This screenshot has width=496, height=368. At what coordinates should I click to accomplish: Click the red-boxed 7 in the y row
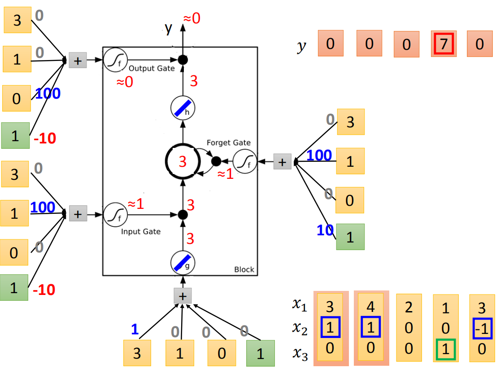point(444,43)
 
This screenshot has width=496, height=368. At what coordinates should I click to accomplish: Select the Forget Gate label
point(228,143)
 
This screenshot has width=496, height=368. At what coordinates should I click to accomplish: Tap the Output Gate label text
point(152,68)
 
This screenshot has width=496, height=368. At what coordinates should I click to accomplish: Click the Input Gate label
point(141,231)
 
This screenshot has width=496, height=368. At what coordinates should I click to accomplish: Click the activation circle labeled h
point(183,108)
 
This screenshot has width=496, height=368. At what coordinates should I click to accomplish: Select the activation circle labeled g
point(183,263)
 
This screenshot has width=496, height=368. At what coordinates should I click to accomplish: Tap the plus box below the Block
point(183,296)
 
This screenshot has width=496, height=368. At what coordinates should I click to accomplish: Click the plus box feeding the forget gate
point(282,161)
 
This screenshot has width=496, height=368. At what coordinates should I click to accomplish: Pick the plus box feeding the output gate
point(78,61)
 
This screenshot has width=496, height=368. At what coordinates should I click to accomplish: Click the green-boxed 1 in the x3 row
point(445,349)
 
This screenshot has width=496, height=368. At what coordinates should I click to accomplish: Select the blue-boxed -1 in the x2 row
point(483,329)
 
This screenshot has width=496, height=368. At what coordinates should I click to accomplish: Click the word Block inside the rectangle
point(244,269)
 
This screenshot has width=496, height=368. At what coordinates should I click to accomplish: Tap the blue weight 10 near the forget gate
point(325,230)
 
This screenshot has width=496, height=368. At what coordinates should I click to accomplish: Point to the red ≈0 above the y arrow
point(191,18)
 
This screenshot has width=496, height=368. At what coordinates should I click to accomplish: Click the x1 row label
point(299,304)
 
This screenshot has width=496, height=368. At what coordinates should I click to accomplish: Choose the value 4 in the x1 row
point(370,307)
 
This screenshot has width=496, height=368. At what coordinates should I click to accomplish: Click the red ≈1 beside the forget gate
point(225,173)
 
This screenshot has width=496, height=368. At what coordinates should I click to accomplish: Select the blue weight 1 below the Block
point(135,329)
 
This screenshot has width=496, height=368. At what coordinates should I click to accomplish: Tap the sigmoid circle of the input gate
point(115,215)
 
